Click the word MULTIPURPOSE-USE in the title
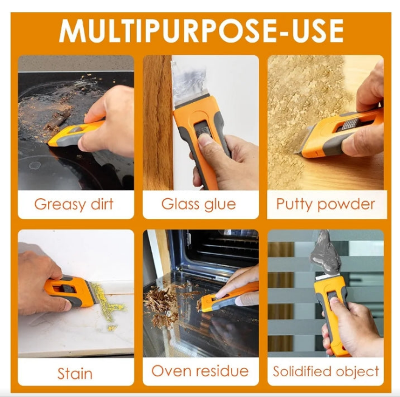[201, 30]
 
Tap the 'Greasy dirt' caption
[74, 204]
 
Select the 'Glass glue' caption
[198, 204]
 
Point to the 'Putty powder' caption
[325, 204]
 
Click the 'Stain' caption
[75, 373]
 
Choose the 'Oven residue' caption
[200, 371]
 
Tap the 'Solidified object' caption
[326, 371]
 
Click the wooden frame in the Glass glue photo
[157, 122]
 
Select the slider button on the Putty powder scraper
[350, 124]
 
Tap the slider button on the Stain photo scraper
[68, 289]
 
